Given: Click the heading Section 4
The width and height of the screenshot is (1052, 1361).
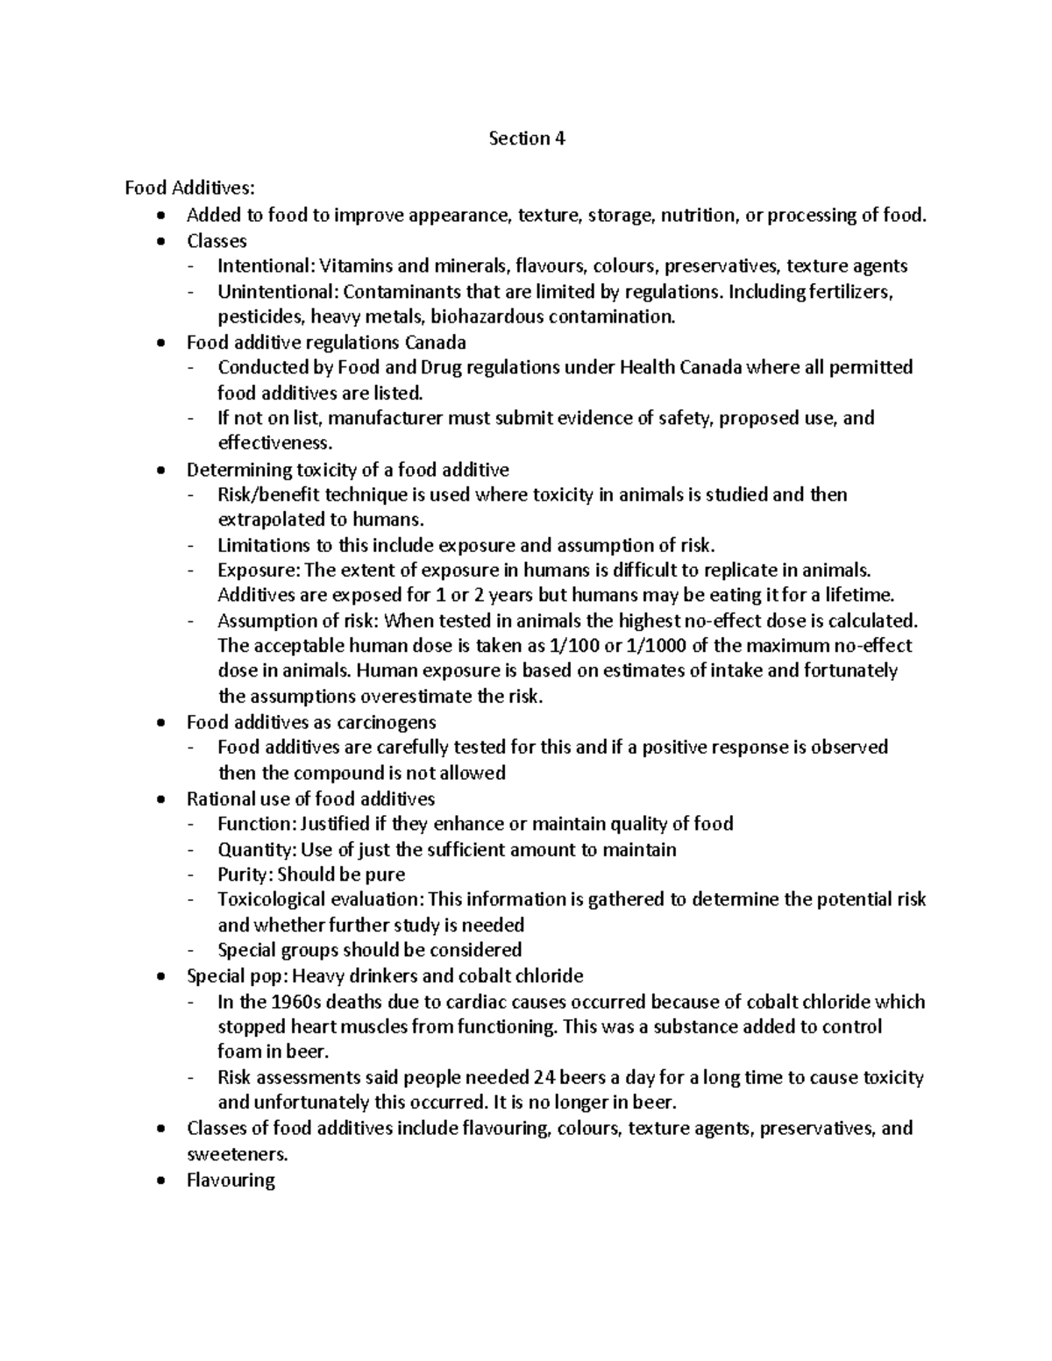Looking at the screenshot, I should click(x=526, y=138).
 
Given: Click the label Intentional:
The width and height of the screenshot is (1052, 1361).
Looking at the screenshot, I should click(x=266, y=266).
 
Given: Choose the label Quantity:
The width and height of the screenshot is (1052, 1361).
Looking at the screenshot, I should click(x=257, y=849).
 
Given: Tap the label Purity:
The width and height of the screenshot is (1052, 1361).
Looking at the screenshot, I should click(x=245, y=875).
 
